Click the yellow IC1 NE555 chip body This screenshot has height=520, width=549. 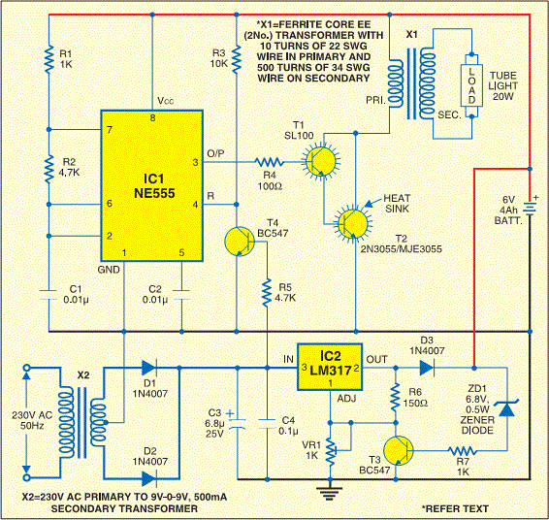click(152, 186)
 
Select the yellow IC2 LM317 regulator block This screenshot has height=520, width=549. click(330, 367)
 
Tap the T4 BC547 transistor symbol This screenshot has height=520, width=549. click(240, 242)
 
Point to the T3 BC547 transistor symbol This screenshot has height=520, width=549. click(399, 451)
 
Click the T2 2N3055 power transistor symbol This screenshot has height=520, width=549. click(353, 223)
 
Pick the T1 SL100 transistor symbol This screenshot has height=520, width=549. click(321, 161)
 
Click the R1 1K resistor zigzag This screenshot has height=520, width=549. click(49, 59)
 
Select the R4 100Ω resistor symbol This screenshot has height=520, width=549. click(270, 162)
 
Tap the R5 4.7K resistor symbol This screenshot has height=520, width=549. click(267, 293)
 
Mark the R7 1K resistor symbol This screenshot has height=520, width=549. click(463, 451)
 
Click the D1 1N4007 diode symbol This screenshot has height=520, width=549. click(148, 368)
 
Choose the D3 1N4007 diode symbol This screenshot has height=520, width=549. click(427, 368)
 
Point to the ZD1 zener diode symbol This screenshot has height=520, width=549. click(507, 407)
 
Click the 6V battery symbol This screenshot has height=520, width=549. click(530, 209)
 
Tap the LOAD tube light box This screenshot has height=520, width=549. click(471, 85)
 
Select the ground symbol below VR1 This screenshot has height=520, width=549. click(330, 492)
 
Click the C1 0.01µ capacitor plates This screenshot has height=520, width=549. click(49, 295)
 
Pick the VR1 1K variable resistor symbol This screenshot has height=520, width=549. click(331, 452)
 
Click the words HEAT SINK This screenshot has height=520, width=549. click(397, 204)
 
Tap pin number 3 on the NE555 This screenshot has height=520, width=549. click(195, 162)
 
